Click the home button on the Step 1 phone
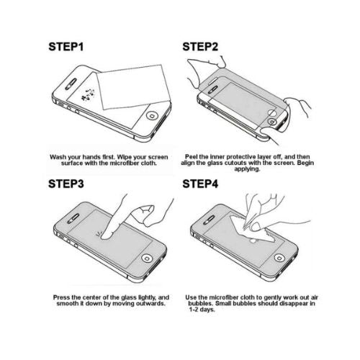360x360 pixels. coord(151,115)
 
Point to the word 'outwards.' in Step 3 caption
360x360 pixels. coord(149,304)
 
